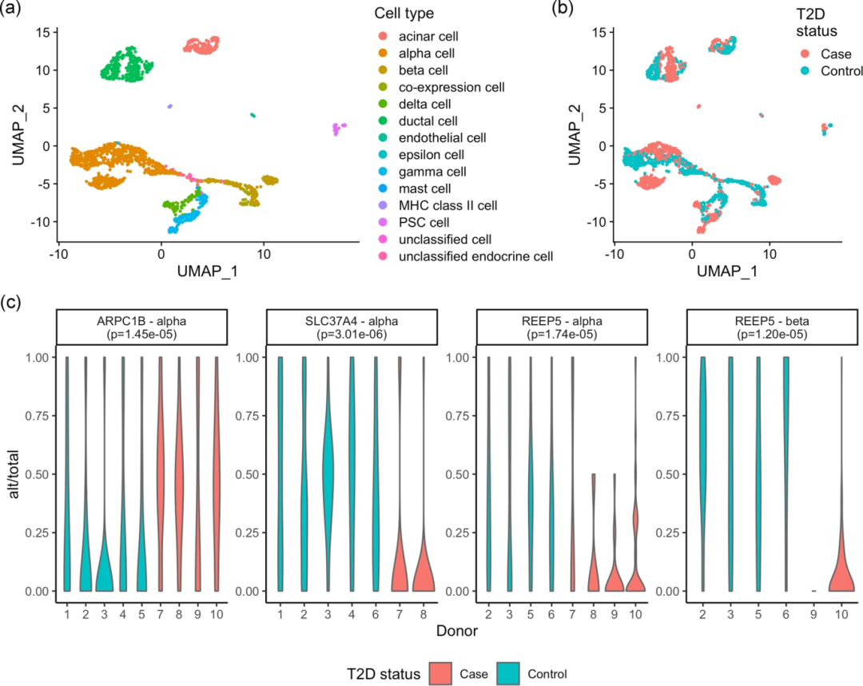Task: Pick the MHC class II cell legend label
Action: [453, 205]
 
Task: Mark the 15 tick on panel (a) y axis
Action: [42, 32]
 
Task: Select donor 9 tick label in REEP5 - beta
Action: [813, 612]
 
